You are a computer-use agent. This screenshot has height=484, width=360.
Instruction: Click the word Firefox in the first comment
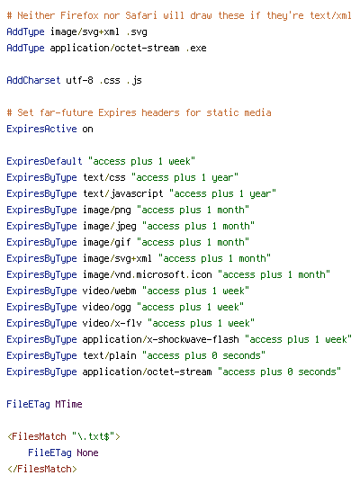click(79, 15)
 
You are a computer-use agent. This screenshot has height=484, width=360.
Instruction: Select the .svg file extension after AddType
click(137, 32)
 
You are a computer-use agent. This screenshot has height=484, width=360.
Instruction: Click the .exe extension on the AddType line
click(196, 49)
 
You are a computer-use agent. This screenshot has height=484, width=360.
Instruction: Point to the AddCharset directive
click(33, 80)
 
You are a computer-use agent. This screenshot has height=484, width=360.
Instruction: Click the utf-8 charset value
click(80, 80)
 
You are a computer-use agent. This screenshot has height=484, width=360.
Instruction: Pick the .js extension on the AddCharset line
click(134, 81)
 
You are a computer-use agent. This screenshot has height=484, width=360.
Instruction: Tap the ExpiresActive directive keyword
click(41, 129)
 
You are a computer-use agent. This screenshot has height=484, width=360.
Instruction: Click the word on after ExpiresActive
click(87, 130)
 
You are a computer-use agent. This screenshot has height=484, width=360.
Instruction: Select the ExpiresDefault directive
click(44, 161)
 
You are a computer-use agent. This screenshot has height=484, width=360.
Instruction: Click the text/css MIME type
click(104, 177)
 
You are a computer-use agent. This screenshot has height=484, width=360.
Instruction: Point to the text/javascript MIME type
click(123, 193)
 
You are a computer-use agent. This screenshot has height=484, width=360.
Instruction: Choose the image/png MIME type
click(107, 211)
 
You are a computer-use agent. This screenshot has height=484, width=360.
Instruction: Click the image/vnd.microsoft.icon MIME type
click(148, 274)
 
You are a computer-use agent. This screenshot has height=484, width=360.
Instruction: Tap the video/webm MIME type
click(109, 291)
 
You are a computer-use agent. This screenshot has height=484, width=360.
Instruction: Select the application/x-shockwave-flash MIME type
click(160, 339)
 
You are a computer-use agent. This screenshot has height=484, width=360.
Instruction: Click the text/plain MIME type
click(110, 355)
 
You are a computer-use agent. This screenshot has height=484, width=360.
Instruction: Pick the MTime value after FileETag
click(69, 404)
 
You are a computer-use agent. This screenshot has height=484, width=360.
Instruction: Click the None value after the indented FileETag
click(87, 453)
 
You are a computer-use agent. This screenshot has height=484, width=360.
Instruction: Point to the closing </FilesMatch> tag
click(42, 469)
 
